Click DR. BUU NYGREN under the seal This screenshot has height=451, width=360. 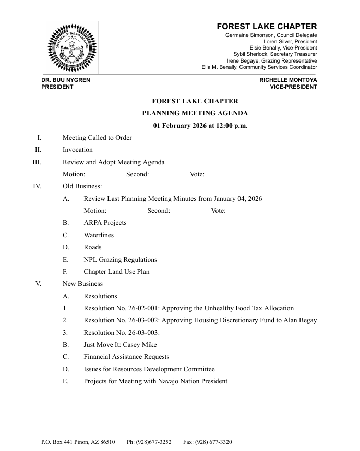[66, 80]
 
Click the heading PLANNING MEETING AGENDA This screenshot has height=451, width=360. [195, 113]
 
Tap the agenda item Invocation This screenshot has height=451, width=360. [78, 150]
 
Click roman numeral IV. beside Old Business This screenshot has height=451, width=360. [37, 186]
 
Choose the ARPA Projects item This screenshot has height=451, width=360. [105, 223]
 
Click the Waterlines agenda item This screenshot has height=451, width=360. [99, 235]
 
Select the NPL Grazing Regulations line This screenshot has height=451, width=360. [120, 260]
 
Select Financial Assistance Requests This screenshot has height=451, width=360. [126, 357]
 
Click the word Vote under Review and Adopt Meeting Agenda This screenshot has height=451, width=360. [197, 174]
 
